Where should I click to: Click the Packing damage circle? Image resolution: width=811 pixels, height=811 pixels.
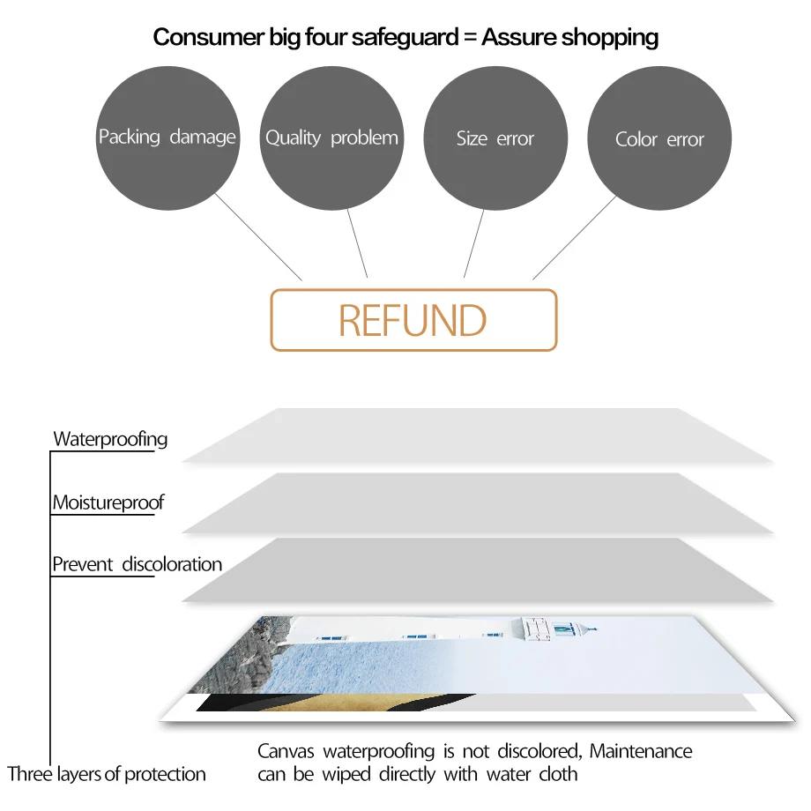pyautogui.click(x=167, y=138)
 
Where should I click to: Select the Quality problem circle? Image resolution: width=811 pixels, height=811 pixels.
pyautogui.click(x=331, y=138)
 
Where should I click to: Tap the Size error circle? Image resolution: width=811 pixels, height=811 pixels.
pyautogui.click(x=495, y=138)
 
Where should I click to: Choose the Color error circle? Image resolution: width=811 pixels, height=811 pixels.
pyautogui.click(x=659, y=138)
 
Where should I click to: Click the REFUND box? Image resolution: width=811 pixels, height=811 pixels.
pyautogui.click(x=413, y=320)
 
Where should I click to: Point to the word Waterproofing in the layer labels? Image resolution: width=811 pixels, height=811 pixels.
pyautogui.click(x=110, y=439)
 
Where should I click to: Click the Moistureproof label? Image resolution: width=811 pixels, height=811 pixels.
pyautogui.click(x=108, y=503)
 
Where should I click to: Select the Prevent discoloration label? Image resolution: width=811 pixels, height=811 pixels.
pyautogui.click(x=137, y=564)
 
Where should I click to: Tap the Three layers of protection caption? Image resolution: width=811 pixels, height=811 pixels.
pyautogui.click(x=107, y=774)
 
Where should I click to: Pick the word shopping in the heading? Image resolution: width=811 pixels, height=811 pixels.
pyautogui.click(x=614, y=37)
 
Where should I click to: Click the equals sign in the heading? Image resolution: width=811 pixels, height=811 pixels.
pyautogui.click(x=469, y=38)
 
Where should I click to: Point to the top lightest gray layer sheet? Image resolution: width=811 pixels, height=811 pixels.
pyautogui.click(x=476, y=435)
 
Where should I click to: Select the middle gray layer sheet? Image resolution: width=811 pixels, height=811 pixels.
pyautogui.click(x=476, y=502)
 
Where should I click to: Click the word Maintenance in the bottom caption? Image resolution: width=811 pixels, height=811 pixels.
pyautogui.click(x=641, y=751)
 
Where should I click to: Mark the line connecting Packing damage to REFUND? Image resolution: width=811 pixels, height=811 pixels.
pyautogui.click(x=257, y=236)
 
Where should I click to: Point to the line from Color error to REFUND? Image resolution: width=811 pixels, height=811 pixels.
pyautogui.click(x=575, y=236)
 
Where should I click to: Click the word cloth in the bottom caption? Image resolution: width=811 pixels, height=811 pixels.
pyautogui.click(x=558, y=774)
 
